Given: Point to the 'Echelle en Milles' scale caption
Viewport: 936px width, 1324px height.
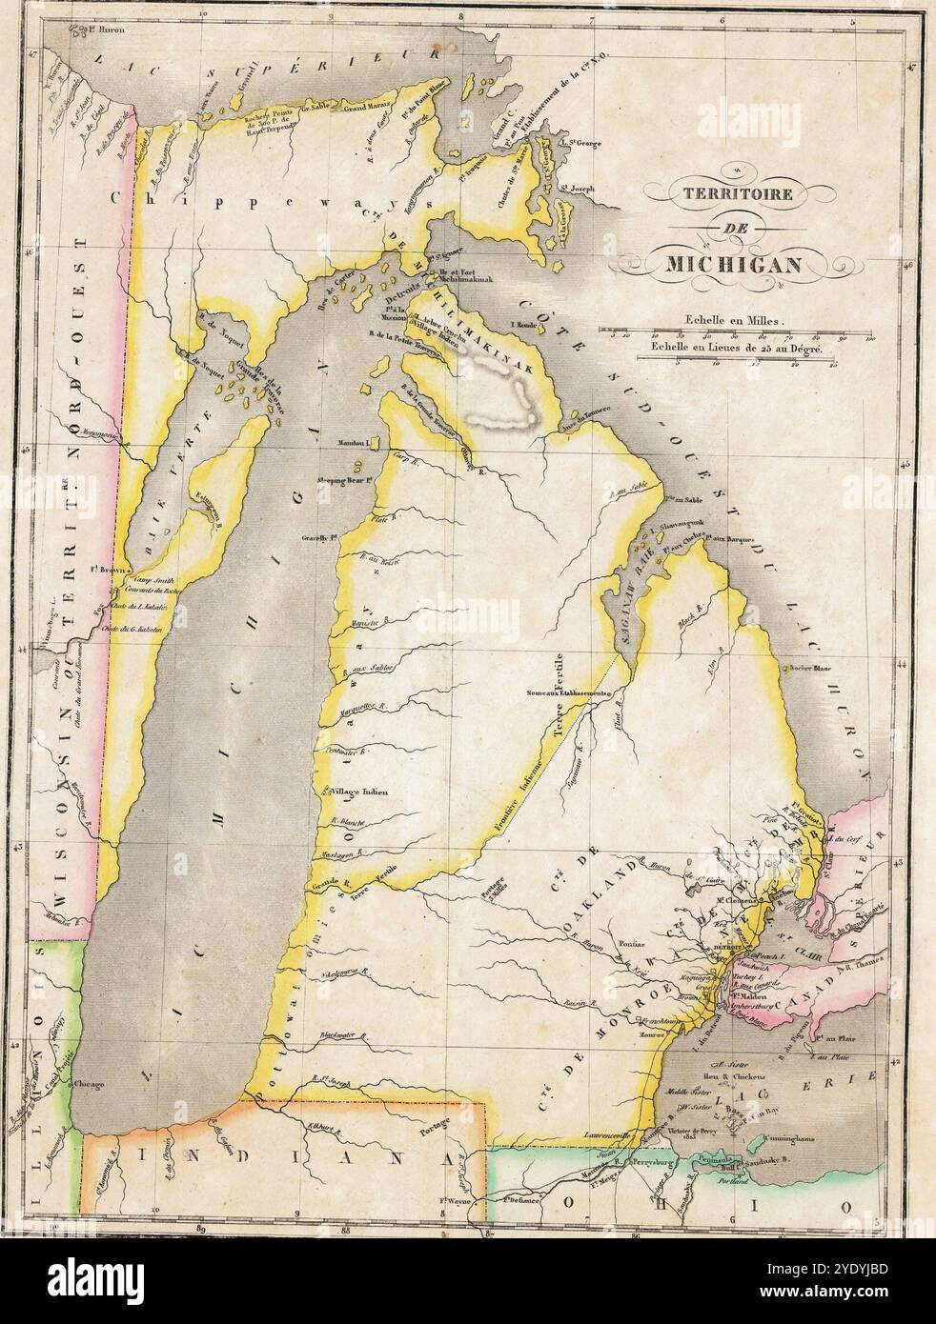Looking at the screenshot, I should click(729, 322).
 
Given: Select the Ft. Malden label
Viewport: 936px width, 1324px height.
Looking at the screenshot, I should click(749, 996).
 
